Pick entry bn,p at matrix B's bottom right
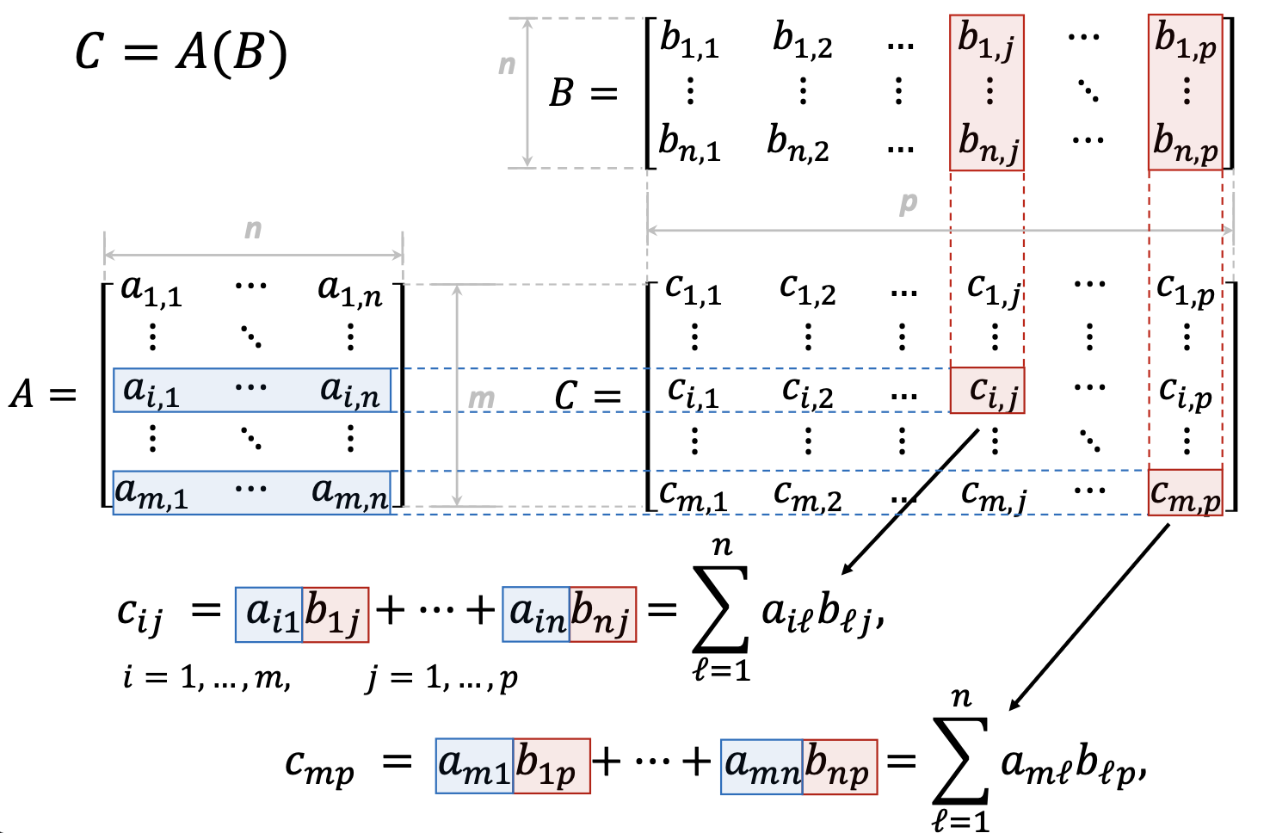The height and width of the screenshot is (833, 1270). pyautogui.click(x=1186, y=143)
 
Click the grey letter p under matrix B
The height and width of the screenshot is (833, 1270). pyautogui.click(x=908, y=203)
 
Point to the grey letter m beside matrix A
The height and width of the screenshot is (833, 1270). pyautogui.click(x=481, y=398)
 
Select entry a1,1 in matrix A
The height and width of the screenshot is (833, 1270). pyautogui.click(x=151, y=291)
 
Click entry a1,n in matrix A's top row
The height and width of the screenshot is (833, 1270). pyautogui.click(x=349, y=291)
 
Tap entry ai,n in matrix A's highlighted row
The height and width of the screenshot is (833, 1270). pyautogui.click(x=349, y=391)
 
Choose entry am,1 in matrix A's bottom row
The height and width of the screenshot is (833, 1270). pyautogui.click(x=151, y=493)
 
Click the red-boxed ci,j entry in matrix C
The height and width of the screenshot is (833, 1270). pyautogui.click(x=988, y=391)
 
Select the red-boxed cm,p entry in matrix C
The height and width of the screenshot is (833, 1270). pyautogui.click(x=1185, y=493)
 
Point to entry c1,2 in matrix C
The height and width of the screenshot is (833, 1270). pyautogui.click(x=807, y=289)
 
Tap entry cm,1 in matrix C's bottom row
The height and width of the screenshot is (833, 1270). pyautogui.click(x=693, y=495)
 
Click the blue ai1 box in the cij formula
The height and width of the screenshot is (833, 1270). pyautogui.click(x=269, y=614)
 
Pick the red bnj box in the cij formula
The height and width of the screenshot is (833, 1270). pyautogui.click(x=602, y=614)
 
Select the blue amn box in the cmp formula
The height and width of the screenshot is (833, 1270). pyautogui.click(x=762, y=766)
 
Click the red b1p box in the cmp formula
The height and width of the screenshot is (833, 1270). pyautogui.click(x=552, y=766)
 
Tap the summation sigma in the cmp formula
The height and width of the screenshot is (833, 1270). pyautogui.click(x=961, y=760)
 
